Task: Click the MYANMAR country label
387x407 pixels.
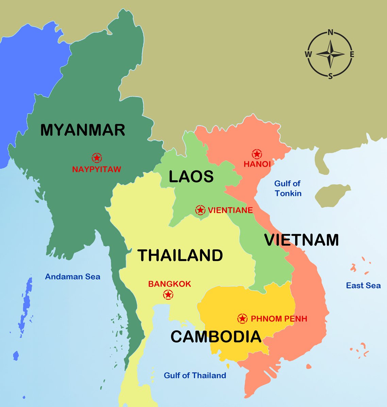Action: pyautogui.click(x=83, y=130)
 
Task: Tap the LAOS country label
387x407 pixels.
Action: pyautogui.click(x=191, y=177)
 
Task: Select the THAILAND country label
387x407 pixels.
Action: pyautogui.click(x=180, y=255)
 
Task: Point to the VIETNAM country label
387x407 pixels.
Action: pyautogui.click(x=302, y=240)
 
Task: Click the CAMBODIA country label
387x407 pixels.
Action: pyautogui.click(x=216, y=337)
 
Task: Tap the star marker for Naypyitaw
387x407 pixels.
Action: pyautogui.click(x=97, y=158)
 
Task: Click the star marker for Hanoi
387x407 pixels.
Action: pyautogui.click(x=257, y=154)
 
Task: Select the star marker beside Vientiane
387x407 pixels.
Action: pyautogui.click(x=200, y=210)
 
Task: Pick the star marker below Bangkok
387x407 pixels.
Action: pyautogui.click(x=168, y=295)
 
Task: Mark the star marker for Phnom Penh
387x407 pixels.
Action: pyautogui.click(x=242, y=319)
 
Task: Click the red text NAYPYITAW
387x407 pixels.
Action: pyautogui.click(x=97, y=169)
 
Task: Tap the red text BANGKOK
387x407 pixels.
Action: pyautogui.click(x=169, y=284)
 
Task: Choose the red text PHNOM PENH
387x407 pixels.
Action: pyautogui.click(x=279, y=319)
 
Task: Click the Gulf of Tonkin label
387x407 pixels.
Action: pyautogui.click(x=288, y=189)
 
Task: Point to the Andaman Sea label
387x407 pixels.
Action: pyautogui.click(x=73, y=277)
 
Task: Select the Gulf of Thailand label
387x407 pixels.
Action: pyautogui.click(x=195, y=375)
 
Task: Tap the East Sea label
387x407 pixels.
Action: pyautogui.click(x=363, y=286)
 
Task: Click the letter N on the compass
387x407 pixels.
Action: pyautogui.click(x=330, y=33)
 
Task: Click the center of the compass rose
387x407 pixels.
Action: pyautogui.click(x=330, y=54)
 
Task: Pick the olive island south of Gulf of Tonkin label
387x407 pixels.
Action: pyautogui.click(x=332, y=196)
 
